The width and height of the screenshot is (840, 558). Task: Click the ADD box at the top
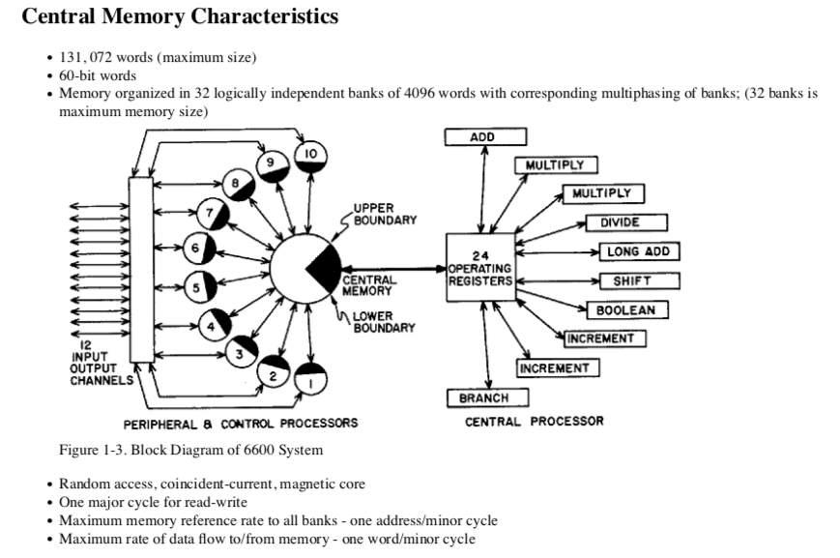[x=484, y=137]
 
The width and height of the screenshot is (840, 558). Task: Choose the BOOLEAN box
[x=625, y=310]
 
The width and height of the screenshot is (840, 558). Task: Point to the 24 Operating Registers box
[x=479, y=267]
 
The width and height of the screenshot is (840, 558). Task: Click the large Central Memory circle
[x=304, y=267]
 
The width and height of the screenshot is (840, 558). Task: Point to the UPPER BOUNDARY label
[x=384, y=214]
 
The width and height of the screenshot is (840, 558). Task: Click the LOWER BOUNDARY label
[x=383, y=321]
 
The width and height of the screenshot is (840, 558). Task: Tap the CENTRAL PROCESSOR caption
[x=534, y=421]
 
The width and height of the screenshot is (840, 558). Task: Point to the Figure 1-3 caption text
[x=190, y=450]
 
